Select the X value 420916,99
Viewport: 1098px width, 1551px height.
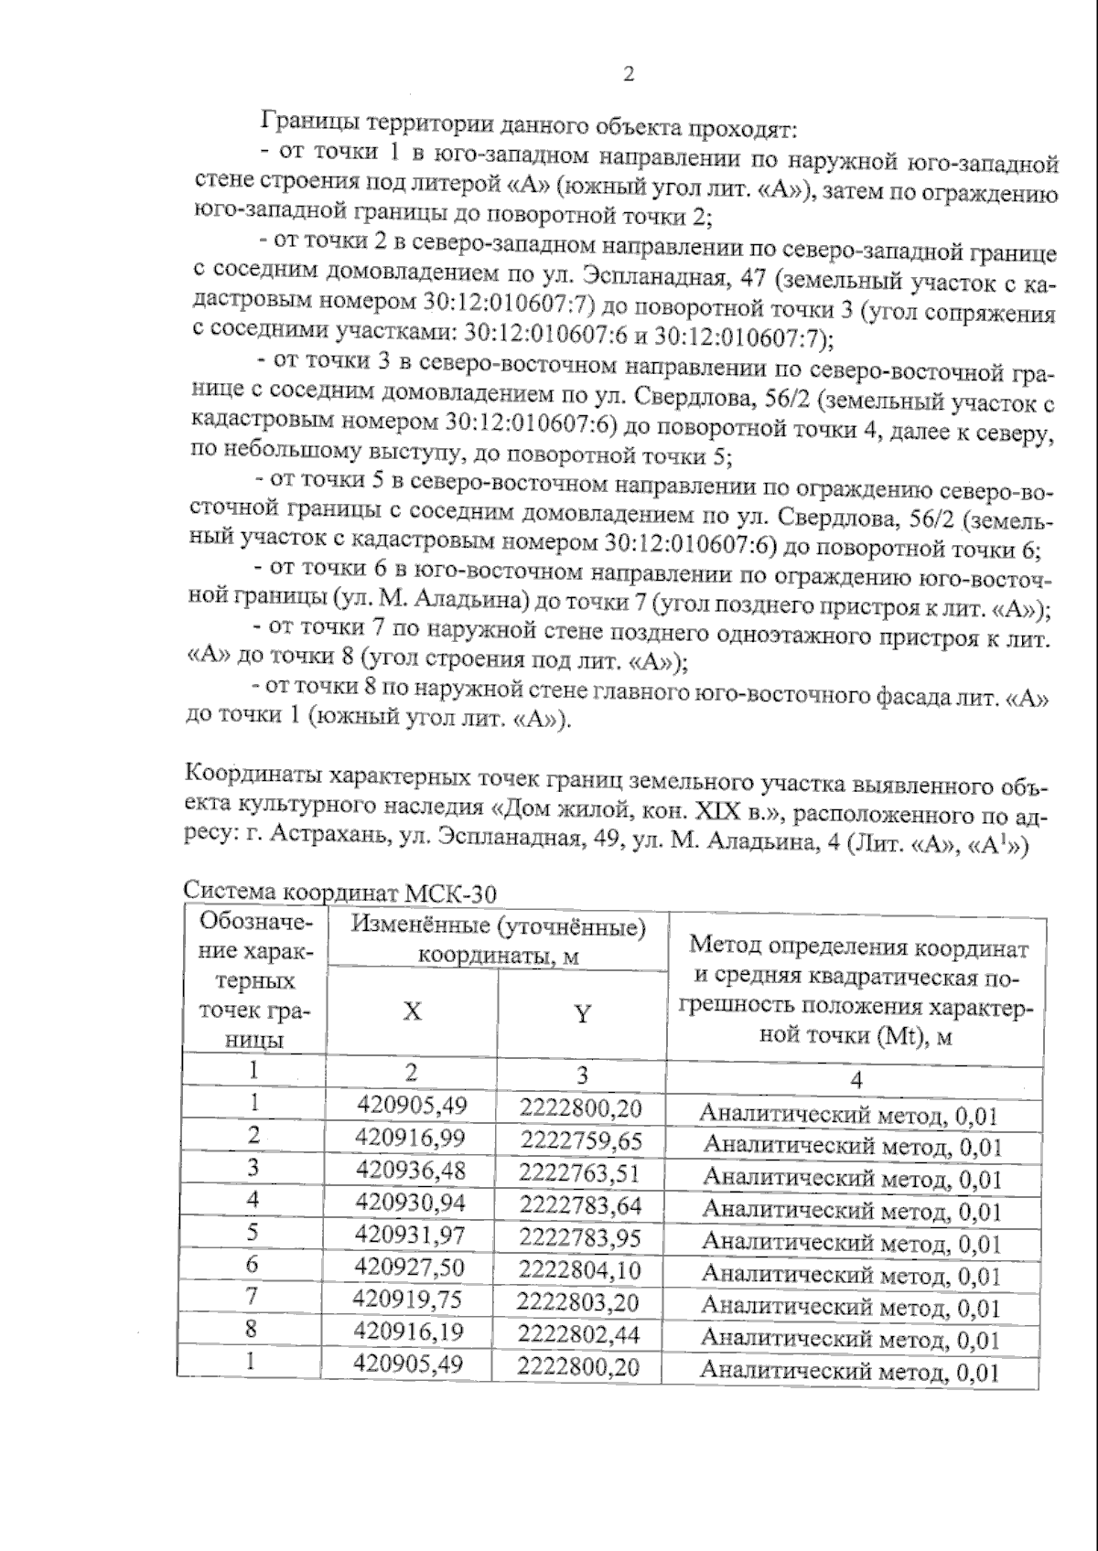coord(411,1139)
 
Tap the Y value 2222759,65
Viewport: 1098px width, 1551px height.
coord(580,1141)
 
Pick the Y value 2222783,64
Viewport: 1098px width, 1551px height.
coord(580,1205)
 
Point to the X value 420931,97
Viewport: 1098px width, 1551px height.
coord(411,1235)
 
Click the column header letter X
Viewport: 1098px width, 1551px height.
coord(413,1011)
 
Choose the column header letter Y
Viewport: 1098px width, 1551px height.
coord(582,1013)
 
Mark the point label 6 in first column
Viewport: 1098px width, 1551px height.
coord(253,1264)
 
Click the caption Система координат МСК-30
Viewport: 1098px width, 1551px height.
coord(339,892)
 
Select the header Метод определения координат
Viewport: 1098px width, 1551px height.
coord(858,947)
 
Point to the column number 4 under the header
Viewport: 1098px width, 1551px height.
coord(856,1079)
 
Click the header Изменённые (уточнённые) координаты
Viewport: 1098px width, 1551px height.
coord(499,940)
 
